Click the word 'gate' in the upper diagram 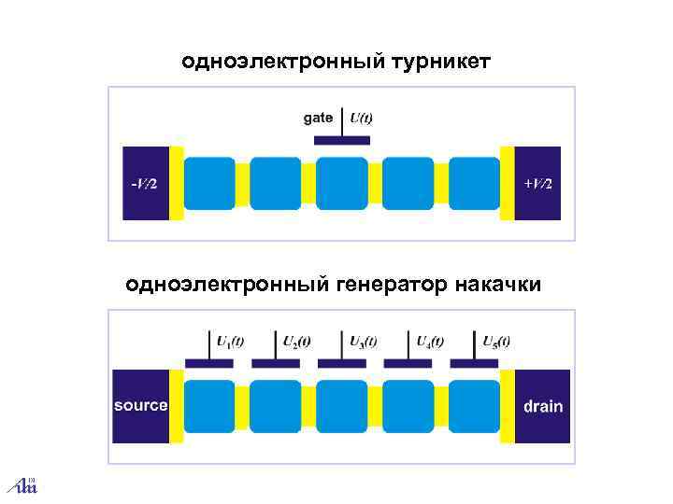click(x=318, y=118)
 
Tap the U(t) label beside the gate click(x=361, y=118)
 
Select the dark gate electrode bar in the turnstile click(x=341, y=140)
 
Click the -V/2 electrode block click(x=145, y=183)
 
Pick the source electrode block click(x=140, y=406)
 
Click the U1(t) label click(x=230, y=341)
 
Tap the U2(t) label click(x=297, y=341)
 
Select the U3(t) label click(x=364, y=341)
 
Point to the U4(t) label click(x=430, y=341)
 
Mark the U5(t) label click(x=496, y=341)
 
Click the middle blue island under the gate click(x=342, y=183)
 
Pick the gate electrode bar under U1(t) click(x=209, y=363)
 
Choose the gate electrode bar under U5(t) click(x=475, y=363)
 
